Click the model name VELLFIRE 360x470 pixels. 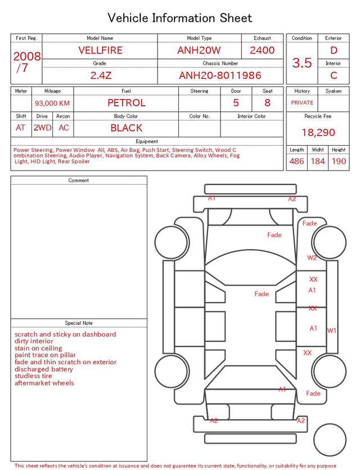tap(100, 50)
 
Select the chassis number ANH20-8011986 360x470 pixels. tap(220, 75)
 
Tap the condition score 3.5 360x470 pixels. tap(302, 63)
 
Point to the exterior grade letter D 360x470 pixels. tap(334, 50)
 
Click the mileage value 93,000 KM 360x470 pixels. tap(52, 104)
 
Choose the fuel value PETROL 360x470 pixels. tap(127, 103)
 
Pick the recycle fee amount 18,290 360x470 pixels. tap(318, 132)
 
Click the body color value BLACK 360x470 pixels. tap(127, 128)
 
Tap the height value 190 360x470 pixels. tap(339, 161)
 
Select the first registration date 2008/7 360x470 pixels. tap(26, 62)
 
